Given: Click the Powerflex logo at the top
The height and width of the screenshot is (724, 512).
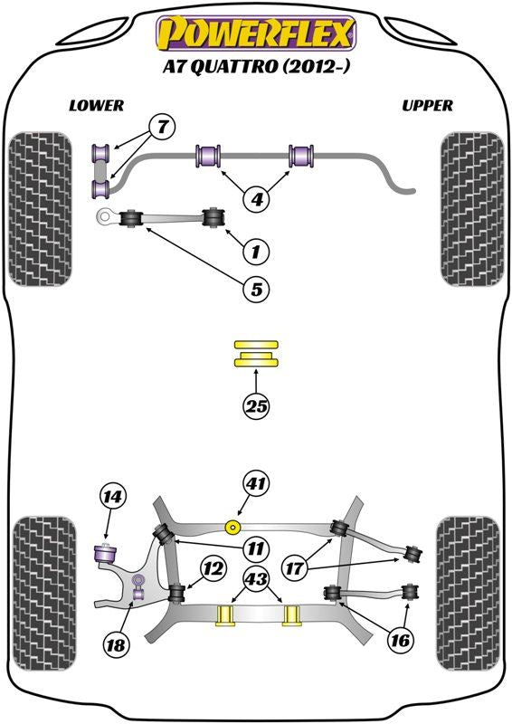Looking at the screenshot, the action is pyautogui.click(x=256, y=33).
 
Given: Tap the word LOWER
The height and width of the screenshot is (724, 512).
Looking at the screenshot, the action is pyautogui.click(x=97, y=106).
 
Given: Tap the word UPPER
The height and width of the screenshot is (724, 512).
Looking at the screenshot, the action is pyautogui.click(x=427, y=106).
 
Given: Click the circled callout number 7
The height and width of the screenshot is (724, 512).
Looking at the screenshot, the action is pyautogui.click(x=162, y=126).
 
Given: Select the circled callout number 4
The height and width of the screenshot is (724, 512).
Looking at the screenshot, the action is pyautogui.click(x=257, y=199).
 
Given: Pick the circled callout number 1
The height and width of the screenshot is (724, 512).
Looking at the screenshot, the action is pyautogui.click(x=255, y=252).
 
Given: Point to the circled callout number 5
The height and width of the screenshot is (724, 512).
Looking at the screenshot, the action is pyautogui.click(x=256, y=289).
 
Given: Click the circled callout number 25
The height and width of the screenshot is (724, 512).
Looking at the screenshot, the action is pyautogui.click(x=256, y=406).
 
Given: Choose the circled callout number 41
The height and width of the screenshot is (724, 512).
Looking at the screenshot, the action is pyautogui.click(x=256, y=483).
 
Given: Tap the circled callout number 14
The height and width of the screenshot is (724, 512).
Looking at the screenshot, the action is pyautogui.click(x=113, y=497).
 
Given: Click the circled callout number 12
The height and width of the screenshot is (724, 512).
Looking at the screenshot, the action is pyautogui.click(x=213, y=568).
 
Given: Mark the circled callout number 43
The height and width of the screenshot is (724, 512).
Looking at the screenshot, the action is pyautogui.click(x=256, y=577).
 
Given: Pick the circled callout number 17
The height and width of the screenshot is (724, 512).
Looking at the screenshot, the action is pyautogui.click(x=294, y=568).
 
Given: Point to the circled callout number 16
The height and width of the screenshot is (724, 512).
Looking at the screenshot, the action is pyautogui.click(x=400, y=640).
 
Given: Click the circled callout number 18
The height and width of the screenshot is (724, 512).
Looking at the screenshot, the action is pyautogui.click(x=116, y=644).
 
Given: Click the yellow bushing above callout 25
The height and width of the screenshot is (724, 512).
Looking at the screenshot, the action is pyautogui.click(x=256, y=354).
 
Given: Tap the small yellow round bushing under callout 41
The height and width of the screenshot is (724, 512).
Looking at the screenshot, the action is pyautogui.click(x=232, y=527).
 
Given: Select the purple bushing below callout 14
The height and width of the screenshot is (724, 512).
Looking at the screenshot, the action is pyautogui.click(x=105, y=553).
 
